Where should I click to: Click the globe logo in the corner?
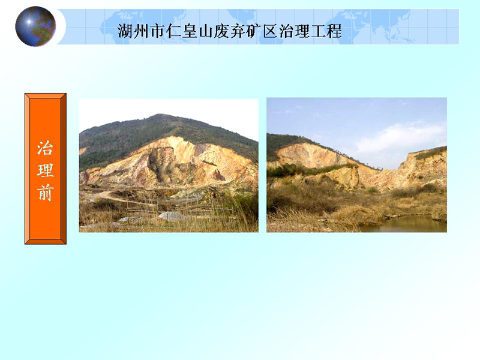coord(35,26)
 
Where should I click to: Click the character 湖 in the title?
coord(125,31)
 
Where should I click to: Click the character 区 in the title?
coord(271,31)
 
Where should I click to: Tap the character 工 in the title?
coord(319,31)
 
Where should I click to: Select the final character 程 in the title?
coord(335,31)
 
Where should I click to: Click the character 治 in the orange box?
coord(46,148)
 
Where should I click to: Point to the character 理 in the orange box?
coord(46,170)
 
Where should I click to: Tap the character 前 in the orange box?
coord(46,193)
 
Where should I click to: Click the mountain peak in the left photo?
coord(158,115)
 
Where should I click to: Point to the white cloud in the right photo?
coord(401,138)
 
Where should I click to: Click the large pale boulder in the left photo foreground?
coord(171,216)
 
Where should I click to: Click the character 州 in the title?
coord(142,31)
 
